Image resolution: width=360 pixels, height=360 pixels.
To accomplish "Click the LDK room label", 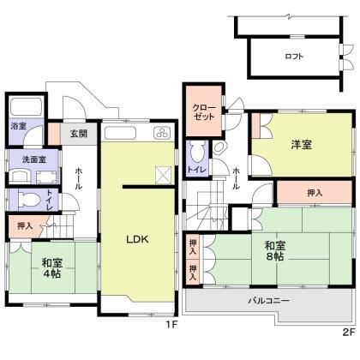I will (x=139, y=240).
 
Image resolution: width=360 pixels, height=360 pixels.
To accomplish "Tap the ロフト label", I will (x=294, y=57).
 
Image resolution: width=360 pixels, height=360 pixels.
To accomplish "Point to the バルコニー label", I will (x=269, y=301).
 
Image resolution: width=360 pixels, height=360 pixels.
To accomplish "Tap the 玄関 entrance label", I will (x=78, y=134).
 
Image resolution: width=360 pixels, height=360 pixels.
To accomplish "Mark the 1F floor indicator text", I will (x=171, y=325).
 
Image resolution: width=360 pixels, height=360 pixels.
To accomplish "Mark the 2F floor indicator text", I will (x=348, y=329).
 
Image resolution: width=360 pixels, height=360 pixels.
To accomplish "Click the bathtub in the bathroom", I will (x=25, y=108).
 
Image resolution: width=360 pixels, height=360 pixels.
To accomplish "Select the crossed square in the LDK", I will (x=161, y=174).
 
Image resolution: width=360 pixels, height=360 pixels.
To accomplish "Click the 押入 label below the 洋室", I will (x=315, y=194).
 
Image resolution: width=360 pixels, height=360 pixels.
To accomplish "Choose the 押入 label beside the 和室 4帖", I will (x=25, y=226).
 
